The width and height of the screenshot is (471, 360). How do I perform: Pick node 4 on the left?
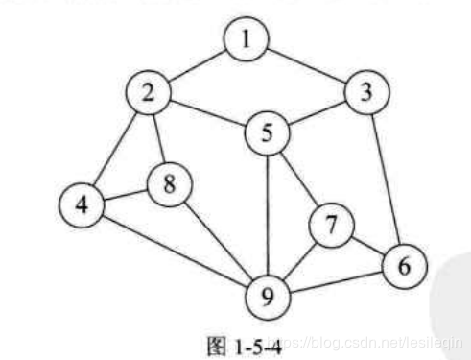point(81,206)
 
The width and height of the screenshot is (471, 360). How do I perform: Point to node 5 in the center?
point(268,133)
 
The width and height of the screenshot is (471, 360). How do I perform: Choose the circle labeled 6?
point(403,264)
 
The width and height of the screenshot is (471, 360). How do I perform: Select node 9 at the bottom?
point(268,295)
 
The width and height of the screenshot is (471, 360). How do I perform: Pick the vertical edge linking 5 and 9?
point(268,214)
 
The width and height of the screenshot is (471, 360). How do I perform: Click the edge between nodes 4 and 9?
point(173,250)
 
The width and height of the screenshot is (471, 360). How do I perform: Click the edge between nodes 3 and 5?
point(318,113)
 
